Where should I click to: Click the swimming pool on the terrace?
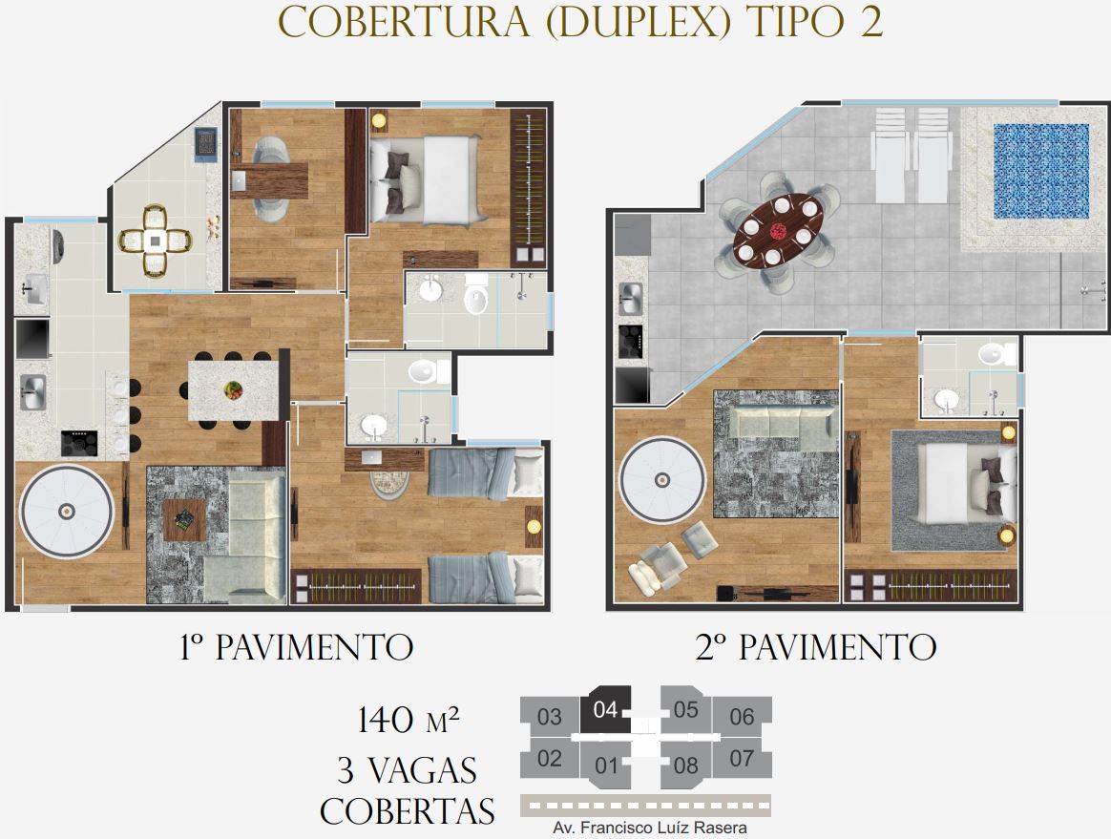(x=1041, y=172)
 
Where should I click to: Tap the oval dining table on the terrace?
(x=779, y=230)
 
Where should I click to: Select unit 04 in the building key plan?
(x=606, y=709)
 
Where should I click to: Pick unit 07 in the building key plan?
(x=742, y=758)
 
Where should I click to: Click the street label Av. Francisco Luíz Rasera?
(x=650, y=828)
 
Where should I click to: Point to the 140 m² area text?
(x=409, y=720)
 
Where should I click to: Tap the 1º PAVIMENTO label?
(x=296, y=647)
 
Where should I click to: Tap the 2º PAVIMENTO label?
(x=815, y=647)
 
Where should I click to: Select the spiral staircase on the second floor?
(x=662, y=480)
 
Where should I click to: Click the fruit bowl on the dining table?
(x=233, y=389)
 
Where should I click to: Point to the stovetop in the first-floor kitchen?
(x=79, y=443)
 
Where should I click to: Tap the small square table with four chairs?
(x=156, y=241)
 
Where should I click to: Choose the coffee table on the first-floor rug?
(x=185, y=519)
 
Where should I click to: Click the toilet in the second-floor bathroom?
(x=997, y=353)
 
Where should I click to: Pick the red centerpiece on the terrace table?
(x=779, y=230)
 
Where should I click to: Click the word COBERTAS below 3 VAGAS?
(x=407, y=811)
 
